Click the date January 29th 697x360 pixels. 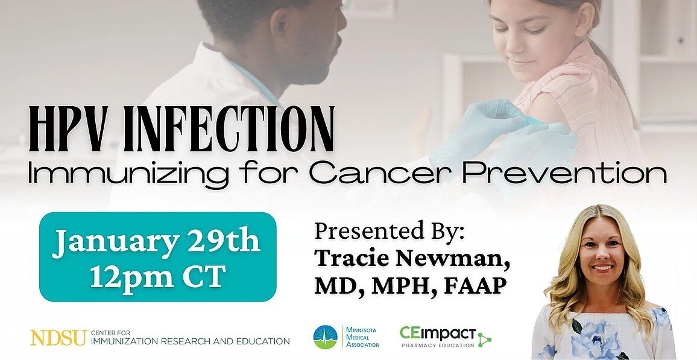pyautogui.click(x=156, y=241)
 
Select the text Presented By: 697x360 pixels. pyautogui.click(x=389, y=232)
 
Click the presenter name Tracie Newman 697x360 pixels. pyautogui.click(x=411, y=257)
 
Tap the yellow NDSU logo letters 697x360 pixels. pyautogui.click(x=58, y=338)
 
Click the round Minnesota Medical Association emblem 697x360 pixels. pyautogui.click(x=326, y=337)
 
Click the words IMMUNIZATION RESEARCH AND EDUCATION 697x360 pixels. pyautogui.click(x=191, y=341)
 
